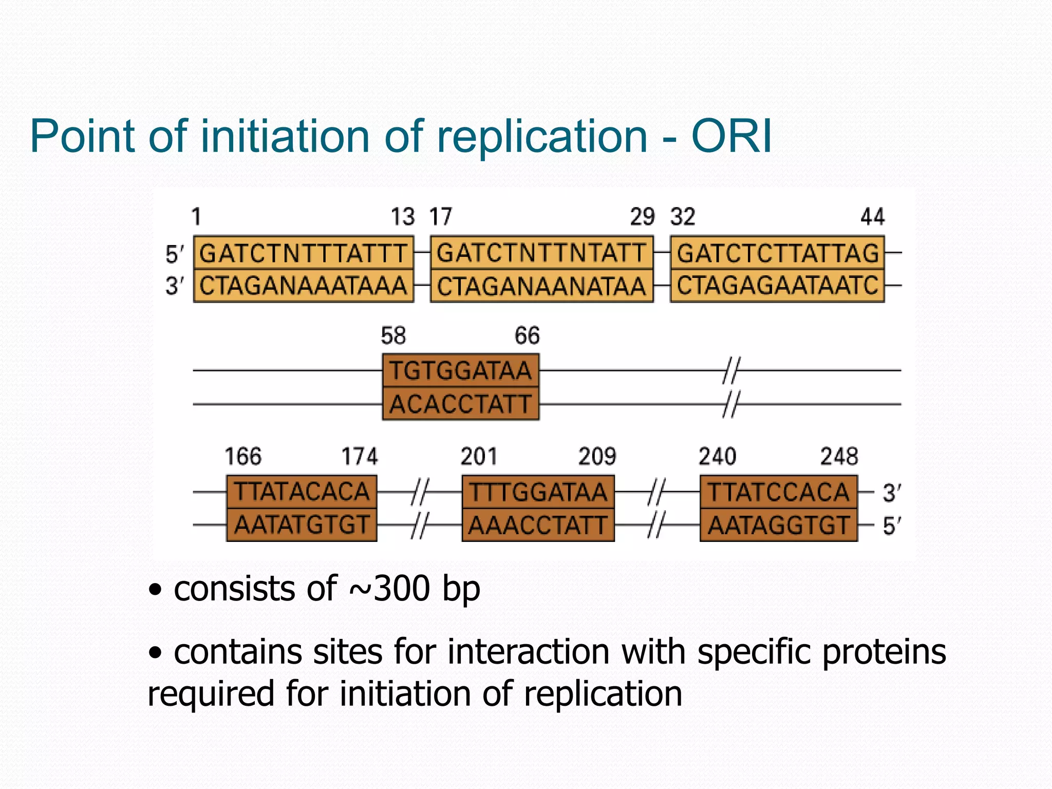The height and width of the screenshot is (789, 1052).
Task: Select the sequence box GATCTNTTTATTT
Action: point(303,253)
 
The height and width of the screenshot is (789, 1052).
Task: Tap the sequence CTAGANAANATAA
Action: point(541,286)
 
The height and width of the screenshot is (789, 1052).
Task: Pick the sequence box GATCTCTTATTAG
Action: point(777,253)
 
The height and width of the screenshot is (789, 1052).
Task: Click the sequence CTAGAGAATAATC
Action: point(777,286)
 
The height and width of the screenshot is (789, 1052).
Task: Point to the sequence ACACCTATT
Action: point(460,404)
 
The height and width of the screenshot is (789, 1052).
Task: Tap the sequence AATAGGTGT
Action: point(778,525)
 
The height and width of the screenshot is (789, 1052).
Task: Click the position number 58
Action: point(393,336)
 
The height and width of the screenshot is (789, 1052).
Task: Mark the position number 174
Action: point(360,457)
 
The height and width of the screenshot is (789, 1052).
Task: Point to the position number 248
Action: point(839,457)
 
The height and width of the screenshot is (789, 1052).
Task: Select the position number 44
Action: point(873,217)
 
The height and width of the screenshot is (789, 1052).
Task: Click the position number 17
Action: point(441,217)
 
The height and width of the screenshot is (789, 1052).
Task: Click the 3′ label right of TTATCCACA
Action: point(891,493)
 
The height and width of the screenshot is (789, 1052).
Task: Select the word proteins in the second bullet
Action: point(884,652)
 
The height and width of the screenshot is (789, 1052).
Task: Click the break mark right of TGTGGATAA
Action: point(730,371)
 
